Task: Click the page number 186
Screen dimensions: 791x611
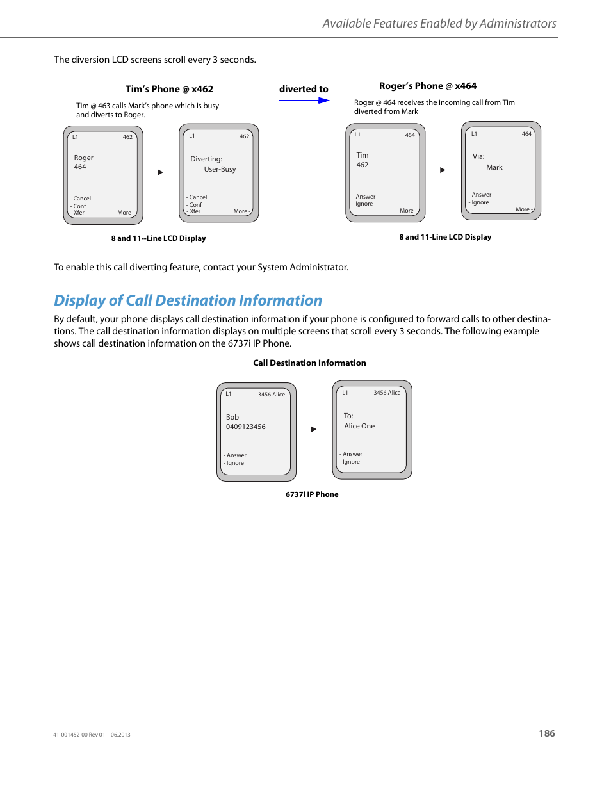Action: click(546, 733)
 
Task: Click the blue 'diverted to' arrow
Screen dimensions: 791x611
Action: click(304, 101)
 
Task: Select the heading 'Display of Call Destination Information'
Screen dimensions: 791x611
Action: click(188, 300)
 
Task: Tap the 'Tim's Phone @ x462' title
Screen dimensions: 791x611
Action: click(169, 89)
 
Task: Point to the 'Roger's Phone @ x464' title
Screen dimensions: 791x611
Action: click(427, 86)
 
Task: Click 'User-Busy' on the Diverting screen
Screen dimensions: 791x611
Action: click(220, 169)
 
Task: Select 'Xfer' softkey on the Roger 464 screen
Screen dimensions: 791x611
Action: click(79, 213)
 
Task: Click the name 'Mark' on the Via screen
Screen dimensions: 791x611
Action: click(494, 167)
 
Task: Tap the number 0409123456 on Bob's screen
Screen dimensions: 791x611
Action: click(245, 427)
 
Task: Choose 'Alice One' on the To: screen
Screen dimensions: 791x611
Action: click(359, 426)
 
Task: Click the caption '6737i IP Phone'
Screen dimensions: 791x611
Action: click(312, 494)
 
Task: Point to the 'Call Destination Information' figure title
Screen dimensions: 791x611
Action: click(309, 363)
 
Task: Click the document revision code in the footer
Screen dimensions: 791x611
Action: click(92, 735)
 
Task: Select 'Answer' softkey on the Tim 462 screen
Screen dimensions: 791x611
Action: click(365, 197)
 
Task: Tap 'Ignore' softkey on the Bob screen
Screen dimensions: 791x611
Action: click(234, 463)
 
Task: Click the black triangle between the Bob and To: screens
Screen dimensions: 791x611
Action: click(314, 429)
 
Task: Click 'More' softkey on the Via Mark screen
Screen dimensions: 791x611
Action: click(523, 209)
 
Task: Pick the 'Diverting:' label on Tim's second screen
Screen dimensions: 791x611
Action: click(206, 159)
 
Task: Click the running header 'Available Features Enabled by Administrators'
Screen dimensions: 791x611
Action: click(439, 24)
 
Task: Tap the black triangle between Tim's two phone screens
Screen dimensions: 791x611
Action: click(161, 172)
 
